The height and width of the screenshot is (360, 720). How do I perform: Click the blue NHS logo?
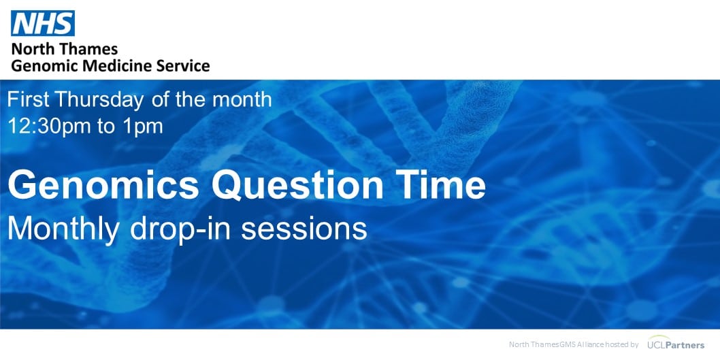[x=42, y=24]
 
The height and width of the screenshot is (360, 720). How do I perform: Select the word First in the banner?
[x=28, y=99]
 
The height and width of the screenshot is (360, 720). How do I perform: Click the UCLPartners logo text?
[x=681, y=345]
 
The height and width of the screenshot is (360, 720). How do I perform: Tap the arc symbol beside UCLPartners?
[x=655, y=340]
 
